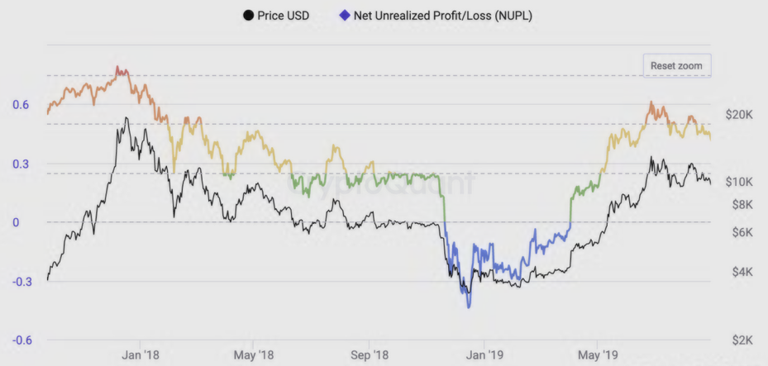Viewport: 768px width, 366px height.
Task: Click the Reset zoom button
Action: click(676, 64)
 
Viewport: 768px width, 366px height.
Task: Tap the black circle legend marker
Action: click(248, 16)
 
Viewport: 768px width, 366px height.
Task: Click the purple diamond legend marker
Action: click(344, 16)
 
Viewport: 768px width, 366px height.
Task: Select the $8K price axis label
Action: click(738, 203)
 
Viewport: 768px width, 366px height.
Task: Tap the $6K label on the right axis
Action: click(738, 233)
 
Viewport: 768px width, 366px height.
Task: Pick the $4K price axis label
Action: click(738, 272)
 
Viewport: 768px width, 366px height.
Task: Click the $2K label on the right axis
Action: click(738, 340)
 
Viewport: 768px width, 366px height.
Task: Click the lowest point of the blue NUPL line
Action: click(469, 307)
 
